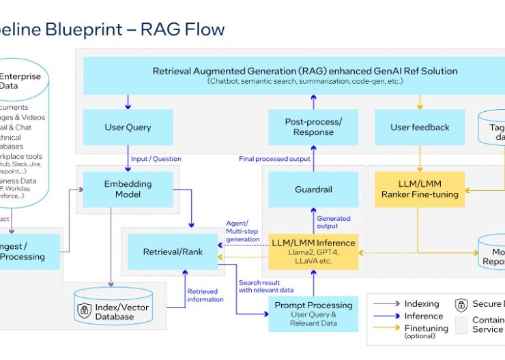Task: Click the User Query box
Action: pos(128,127)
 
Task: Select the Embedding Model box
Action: pos(128,189)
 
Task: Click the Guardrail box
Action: pos(313,189)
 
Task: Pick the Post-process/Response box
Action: pos(313,127)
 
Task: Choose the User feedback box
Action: pos(420,127)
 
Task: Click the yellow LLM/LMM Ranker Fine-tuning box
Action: pos(420,189)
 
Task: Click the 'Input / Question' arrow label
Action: pos(157,159)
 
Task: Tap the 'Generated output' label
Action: pos(334,222)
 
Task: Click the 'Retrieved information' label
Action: pos(205,295)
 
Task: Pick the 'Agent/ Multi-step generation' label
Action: pos(242,230)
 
